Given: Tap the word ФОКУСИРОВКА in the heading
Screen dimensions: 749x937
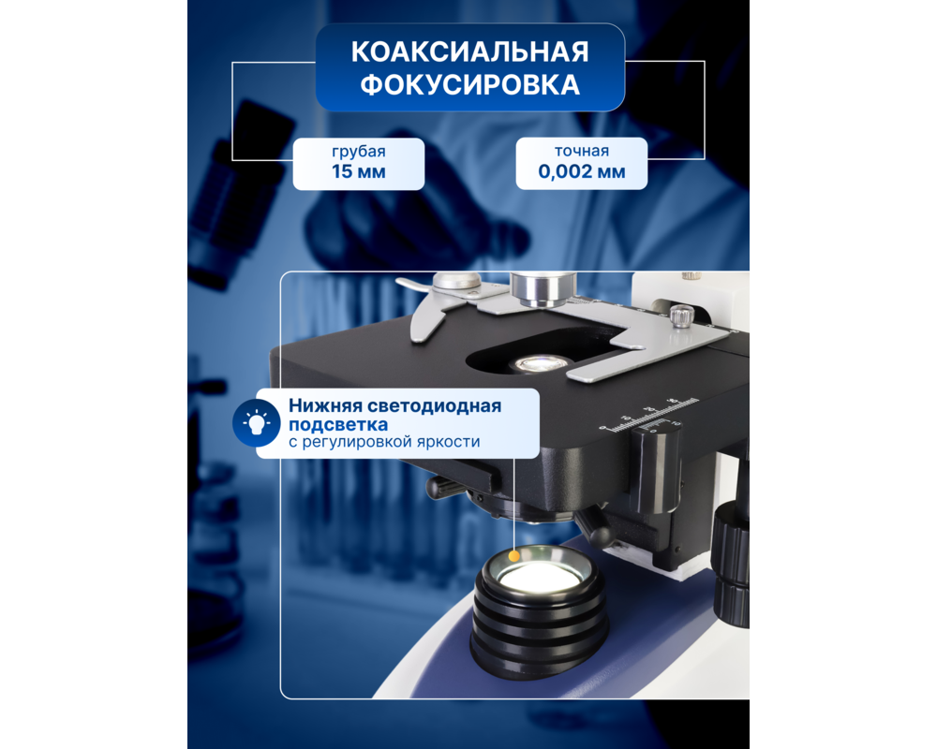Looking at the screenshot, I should click(x=469, y=85).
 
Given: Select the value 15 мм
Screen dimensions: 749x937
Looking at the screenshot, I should click(x=358, y=172).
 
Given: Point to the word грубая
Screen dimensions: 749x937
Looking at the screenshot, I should click(x=358, y=152).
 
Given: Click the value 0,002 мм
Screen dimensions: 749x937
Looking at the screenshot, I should click(x=581, y=172).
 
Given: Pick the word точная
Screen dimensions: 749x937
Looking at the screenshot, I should click(x=581, y=152).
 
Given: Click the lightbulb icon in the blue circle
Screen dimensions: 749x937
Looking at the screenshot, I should click(x=255, y=422).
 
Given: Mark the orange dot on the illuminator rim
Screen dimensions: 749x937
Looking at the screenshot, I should click(x=513, y=556).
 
